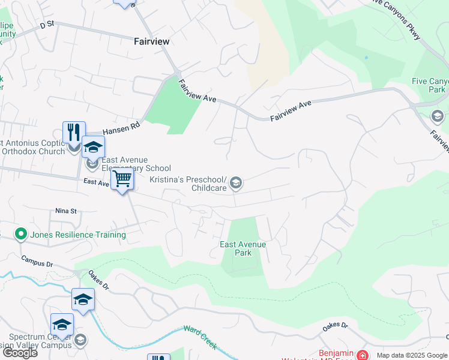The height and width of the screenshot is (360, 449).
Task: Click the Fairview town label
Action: (x=151, y=41)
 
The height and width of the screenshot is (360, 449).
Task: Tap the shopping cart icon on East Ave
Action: (x=122, y=178)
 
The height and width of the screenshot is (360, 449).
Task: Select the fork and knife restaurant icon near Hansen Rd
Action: (x=74, y=132)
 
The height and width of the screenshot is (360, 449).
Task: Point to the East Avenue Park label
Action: (x=243, y=248)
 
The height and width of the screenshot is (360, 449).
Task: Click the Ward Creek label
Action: (x=200, y=338)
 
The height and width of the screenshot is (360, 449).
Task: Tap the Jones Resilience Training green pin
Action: (x=21, y=234)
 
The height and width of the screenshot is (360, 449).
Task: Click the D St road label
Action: (x=47, y=25)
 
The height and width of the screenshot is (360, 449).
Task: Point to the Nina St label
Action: (x=66, y=211)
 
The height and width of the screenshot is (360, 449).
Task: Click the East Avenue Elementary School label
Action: (x=136, y=164)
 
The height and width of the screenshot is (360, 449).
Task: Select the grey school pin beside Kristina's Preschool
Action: (x=236, y=182)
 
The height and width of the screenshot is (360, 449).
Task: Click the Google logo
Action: (x=19, y=353)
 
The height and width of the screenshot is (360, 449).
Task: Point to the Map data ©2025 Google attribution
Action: (x=411, y=355)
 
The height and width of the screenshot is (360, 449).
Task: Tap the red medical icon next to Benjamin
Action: (x=362, y=355)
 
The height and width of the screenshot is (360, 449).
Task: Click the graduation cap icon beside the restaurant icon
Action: (x=93, y=146)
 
